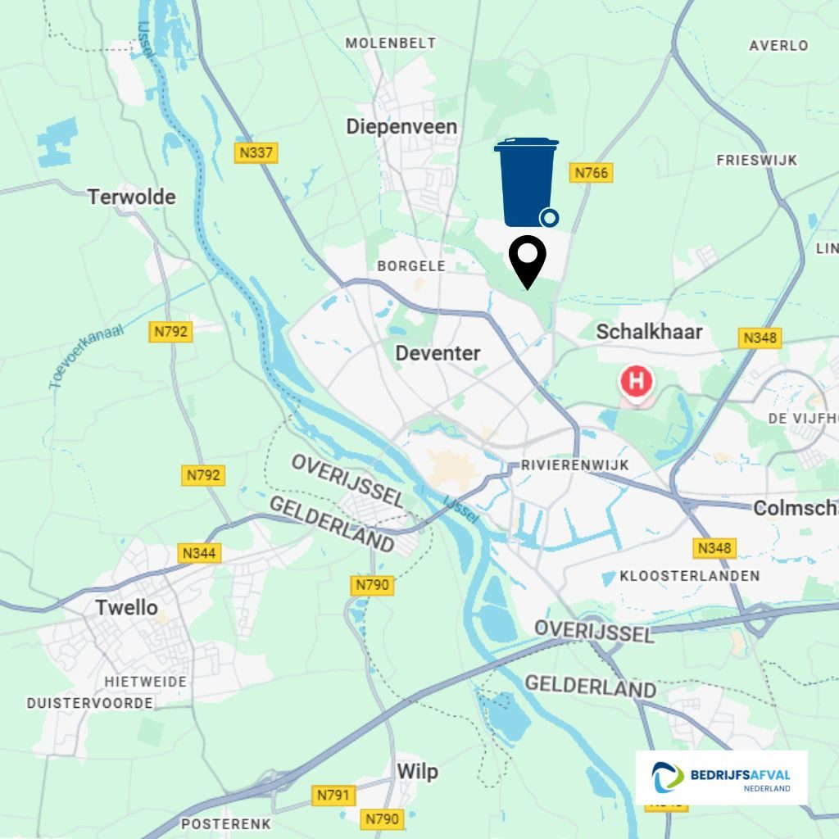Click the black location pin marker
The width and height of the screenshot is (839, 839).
[x=528, y=261]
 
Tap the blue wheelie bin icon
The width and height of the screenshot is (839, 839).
[x=526, y=182]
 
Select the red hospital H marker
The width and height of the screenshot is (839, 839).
[x=637, y=382]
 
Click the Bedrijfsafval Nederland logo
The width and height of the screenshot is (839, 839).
[x=721, y=778]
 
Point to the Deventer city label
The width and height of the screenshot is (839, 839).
[x=438, y=353]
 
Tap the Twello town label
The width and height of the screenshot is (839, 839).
[x=126, y=608]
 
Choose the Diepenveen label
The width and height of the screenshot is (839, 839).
[x=401, y=127]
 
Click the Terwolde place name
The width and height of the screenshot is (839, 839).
[x=132, y=197]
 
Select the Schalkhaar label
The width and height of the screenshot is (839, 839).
[x=649, y=332]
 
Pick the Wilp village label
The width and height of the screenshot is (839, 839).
[x=417, y=772]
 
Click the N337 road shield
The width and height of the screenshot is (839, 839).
[x=256, y=152]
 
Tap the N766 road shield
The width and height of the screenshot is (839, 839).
[x=592, y=173]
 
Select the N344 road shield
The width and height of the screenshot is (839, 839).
[x=199, y=553]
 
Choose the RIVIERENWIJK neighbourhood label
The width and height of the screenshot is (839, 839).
[x=575, y=465]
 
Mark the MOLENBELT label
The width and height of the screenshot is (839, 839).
[x=391, y=43]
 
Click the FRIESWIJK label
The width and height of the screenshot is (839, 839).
[x=756, y=161]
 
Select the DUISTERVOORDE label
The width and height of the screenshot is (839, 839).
[x=90, y=703]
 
